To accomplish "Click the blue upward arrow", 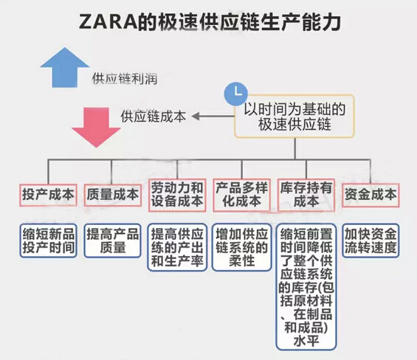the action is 65,68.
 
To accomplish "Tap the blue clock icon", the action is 236,94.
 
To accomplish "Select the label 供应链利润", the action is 125,79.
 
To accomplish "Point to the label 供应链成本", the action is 154,117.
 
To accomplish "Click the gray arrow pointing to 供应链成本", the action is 213,117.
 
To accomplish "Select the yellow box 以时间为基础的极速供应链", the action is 294,117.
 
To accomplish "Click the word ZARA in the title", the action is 108,22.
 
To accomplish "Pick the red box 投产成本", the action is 48,195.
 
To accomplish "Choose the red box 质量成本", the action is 112,195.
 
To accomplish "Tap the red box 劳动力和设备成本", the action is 177,195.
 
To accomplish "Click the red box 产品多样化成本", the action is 242,195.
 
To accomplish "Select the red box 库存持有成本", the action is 306,195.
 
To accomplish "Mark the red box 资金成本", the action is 371,195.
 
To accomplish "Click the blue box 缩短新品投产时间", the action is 48,241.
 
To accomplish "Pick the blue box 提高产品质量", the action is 112,241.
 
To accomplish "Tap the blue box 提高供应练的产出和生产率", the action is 177,248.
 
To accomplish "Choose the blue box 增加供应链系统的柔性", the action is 242,248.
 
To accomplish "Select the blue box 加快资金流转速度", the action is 371,241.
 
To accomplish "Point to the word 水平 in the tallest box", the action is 306,341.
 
